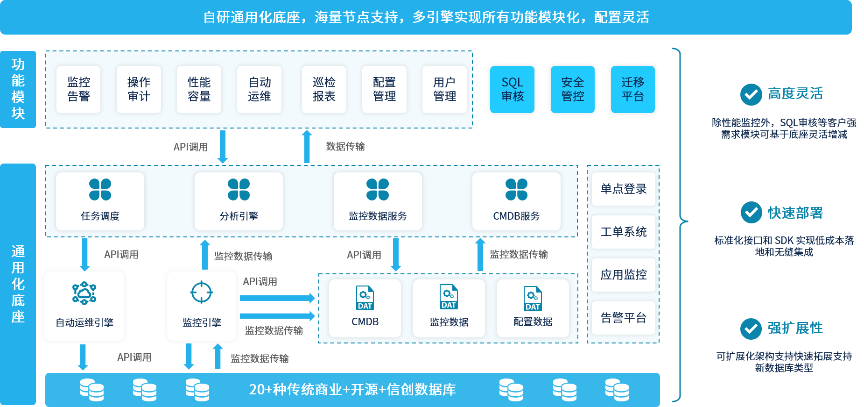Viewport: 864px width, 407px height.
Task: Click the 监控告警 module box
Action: click(x=78, y=89)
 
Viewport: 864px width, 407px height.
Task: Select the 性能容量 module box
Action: click(x=199, y=89)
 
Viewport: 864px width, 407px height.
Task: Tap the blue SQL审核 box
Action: click(x=512, y=89)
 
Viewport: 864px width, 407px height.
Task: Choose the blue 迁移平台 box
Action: click(x=633, y=89)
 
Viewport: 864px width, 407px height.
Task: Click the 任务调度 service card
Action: click(x=100, y=201)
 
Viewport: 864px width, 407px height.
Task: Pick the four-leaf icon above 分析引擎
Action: click(x=239, y=189)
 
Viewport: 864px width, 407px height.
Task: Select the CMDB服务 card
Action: click(x=516, y=201)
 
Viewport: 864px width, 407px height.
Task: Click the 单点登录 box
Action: click(x=624, y=189)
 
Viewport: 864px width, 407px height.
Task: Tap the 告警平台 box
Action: click(x=624, y=318)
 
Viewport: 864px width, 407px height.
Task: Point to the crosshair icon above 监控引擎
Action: click(x=202, y=293)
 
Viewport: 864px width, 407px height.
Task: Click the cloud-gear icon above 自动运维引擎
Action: click(x=84, y=293)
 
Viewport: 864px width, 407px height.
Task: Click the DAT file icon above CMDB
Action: click(x=365, y=298)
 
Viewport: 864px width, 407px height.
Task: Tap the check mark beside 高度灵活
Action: click(x=751, y=94)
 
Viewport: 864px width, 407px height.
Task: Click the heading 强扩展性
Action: click(x=795, y=328)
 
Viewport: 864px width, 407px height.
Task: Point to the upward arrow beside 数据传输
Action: click(x=307, y=147)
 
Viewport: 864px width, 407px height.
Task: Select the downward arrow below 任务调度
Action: click(x=84, y=255)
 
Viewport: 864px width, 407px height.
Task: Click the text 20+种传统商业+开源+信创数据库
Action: click(x=352, y=389)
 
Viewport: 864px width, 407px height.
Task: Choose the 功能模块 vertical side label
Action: click(x=18, y=89)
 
